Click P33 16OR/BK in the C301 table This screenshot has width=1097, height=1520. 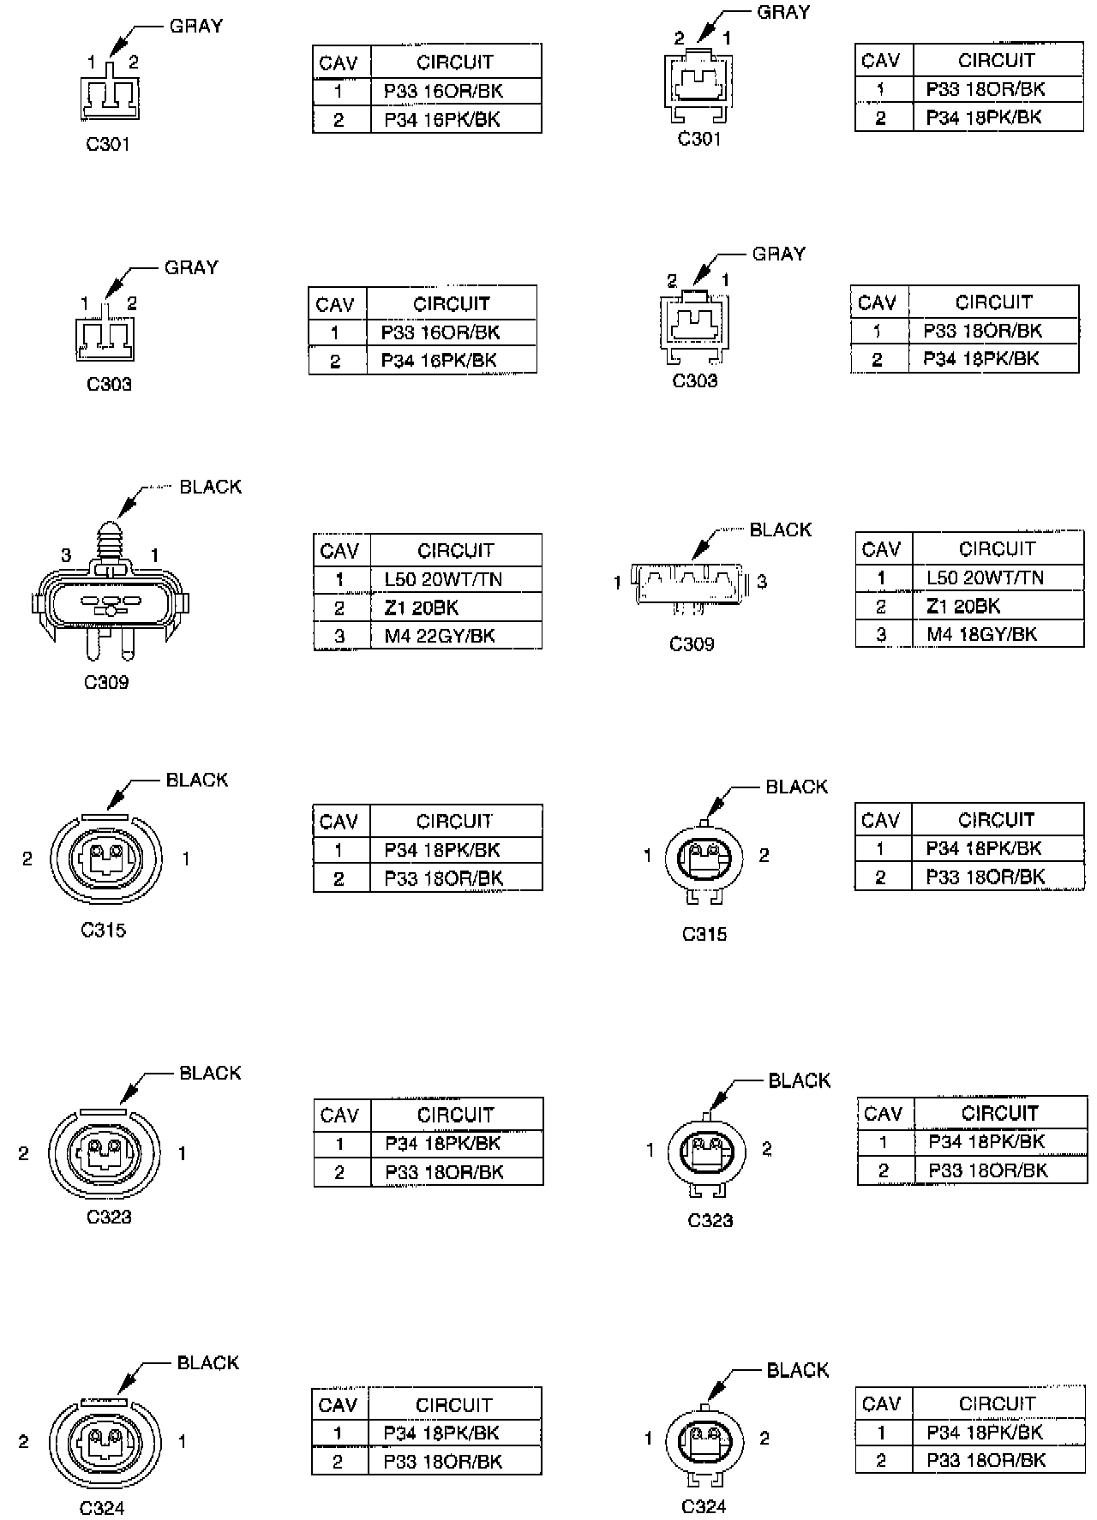(442, 91)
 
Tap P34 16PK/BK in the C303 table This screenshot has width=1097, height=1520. (439, 360)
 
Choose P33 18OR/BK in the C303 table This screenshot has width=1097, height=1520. (982, 331)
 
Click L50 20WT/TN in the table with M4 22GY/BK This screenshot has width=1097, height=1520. (443, 579)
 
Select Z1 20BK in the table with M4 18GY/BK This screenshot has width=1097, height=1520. (963, 606)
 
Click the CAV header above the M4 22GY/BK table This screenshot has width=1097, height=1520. (340, 550)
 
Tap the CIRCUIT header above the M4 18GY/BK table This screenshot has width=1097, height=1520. (996, 548)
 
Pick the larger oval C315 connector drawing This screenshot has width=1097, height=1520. (105, 859)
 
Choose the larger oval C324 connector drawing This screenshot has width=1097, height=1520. (105, 1442)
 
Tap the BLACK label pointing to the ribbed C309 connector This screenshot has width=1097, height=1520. (210, 487)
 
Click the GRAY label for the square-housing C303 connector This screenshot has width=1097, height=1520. (778, 254)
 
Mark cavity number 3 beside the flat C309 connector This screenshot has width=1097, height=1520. (762, 582)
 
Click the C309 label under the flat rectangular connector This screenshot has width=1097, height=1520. (691, 643)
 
